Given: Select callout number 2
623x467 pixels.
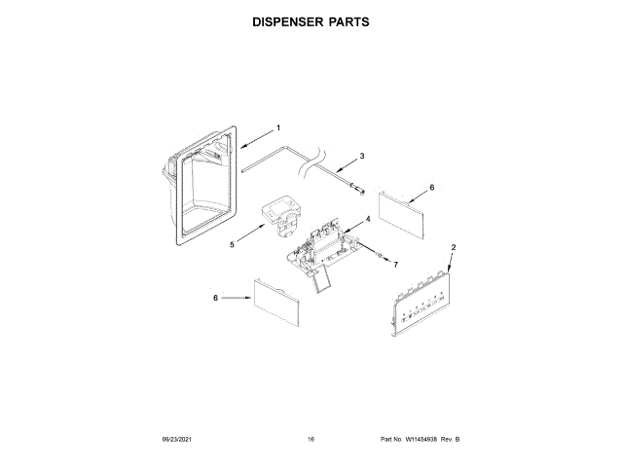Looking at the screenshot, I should point(453,248).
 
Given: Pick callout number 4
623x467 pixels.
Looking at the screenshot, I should point(367,220).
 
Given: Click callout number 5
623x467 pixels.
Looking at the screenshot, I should point(233,245).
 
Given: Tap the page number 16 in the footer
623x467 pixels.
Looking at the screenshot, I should point(311,440).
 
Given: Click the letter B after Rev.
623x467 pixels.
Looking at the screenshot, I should point(457,440).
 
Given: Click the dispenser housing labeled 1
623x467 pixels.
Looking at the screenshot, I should point(195,185).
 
